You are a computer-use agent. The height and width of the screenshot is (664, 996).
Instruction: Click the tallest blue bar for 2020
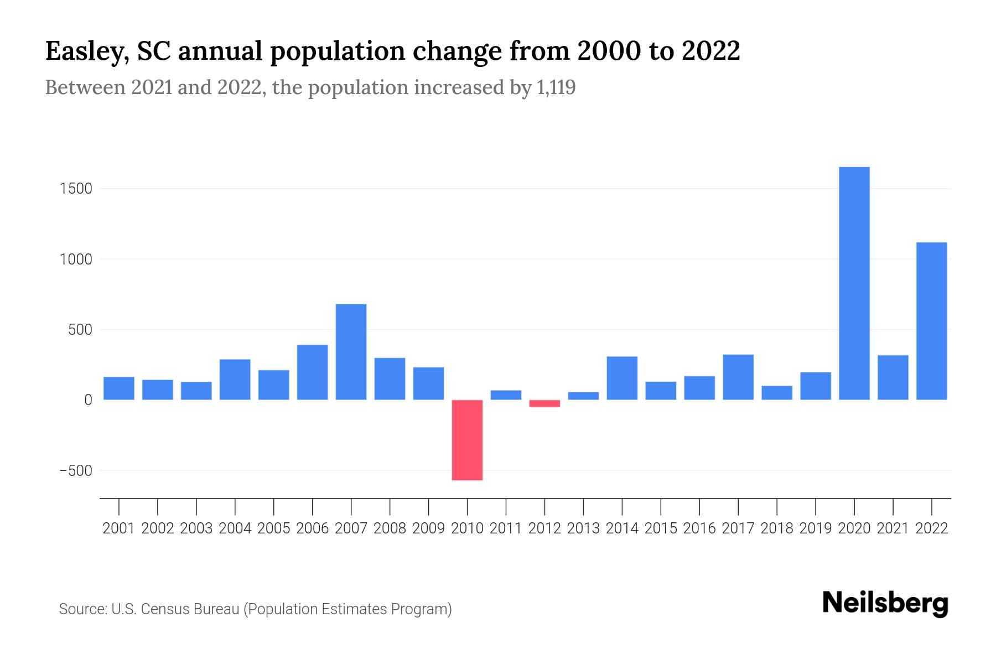click(854, 283)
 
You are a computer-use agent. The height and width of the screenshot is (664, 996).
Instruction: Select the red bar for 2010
click(467, 440)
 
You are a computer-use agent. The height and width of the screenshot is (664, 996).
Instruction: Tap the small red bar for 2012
click(544, 403)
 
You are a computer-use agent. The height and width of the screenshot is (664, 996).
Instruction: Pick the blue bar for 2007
click(351, 352)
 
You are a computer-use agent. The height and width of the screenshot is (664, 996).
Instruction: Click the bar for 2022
click(931, 321)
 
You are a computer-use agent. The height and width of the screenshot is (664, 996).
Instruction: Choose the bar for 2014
click(622, 378)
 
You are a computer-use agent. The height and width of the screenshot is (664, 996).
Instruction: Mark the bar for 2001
click(119, 388)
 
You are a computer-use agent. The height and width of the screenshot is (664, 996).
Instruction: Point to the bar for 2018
click(777, 393)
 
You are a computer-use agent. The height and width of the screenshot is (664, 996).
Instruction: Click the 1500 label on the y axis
click(76, 189)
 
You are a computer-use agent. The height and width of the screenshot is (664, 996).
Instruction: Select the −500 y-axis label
click(75, 470)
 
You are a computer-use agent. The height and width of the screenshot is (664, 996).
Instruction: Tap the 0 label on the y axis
click(87, 400)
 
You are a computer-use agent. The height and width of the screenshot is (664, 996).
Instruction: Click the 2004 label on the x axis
click(235, 528)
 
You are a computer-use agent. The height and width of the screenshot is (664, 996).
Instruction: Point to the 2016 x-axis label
click(699, 528)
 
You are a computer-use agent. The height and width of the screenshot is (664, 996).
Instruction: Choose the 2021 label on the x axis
click(893, 528)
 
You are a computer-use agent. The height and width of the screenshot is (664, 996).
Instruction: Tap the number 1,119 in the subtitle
click(556, 87)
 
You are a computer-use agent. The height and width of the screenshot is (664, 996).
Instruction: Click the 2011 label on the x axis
click(506, 528)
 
